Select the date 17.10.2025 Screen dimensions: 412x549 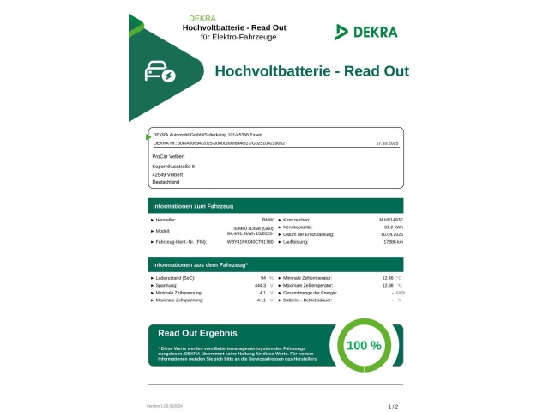point(389,143)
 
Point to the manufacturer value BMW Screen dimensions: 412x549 point(267,221)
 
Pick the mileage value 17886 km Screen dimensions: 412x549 point(393,242)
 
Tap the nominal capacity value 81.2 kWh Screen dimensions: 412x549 point(395,227)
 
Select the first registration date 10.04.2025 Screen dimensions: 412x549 point(392,234)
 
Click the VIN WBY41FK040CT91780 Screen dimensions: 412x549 point(250,242)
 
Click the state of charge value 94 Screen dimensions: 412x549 point(262,278)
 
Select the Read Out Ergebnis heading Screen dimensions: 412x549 point(197,333)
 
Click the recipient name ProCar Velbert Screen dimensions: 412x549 point(167,157)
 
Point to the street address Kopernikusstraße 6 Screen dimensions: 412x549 point(173,166)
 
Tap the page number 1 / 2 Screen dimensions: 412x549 point(394,405)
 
